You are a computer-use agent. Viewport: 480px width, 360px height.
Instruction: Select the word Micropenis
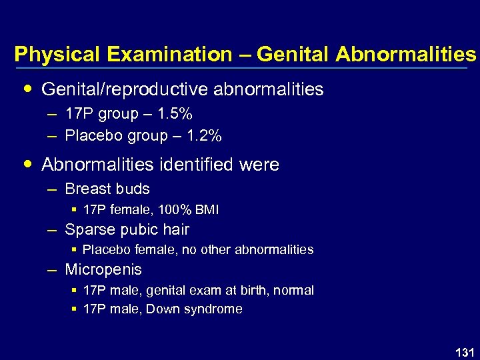[103, 269]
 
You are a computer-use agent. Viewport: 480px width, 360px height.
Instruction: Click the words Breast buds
[107, 189]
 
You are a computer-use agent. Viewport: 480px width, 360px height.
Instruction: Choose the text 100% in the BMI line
[179, 210]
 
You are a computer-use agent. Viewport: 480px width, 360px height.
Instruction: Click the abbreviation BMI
[207, 210]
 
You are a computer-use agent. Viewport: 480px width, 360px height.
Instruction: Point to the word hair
[175, 229]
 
